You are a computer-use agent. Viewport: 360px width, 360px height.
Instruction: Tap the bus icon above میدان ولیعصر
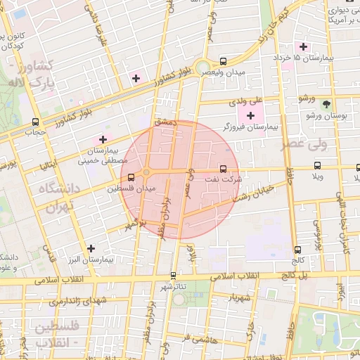[224, 62]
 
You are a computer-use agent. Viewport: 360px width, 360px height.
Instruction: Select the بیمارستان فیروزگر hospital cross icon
[250, 115]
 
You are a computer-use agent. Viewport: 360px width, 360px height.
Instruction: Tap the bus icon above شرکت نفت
[224, 169]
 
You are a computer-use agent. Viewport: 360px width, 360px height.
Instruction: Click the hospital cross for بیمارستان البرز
[91, 247]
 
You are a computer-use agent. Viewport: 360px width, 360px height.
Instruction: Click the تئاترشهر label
[174, 287]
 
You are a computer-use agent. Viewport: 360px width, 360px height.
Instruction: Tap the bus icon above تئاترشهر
[174, 276]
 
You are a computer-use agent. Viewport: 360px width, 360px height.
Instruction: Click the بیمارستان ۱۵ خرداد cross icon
[303, 46]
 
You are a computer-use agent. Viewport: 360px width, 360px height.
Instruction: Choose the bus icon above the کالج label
[299, 249]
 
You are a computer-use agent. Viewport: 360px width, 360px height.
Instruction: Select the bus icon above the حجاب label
[36, 120]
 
